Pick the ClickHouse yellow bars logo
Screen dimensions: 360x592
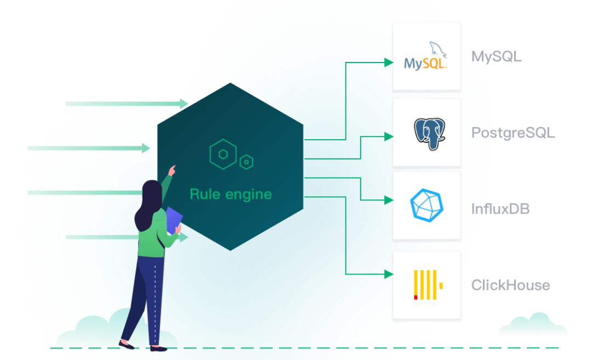click(x=428, y=285)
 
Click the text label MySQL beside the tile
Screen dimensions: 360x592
click(x=496, y=57)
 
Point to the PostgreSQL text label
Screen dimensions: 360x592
click(x=513, y=133)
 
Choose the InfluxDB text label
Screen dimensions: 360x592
click(x=500, y=209)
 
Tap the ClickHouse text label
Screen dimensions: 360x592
click(x=510, y=285)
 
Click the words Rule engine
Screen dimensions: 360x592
click(x=230, y=194)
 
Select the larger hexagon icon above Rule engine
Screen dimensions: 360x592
click(x=223, y=154)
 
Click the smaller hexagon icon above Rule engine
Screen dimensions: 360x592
click(x=247, y=161)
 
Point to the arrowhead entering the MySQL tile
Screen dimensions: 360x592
click(x=388, y=62)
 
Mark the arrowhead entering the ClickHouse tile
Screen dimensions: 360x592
click(x=388, y=273)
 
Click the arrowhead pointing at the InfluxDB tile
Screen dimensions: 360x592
click(x=388, y=200)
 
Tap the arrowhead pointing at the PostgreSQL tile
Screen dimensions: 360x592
click(x=388, y=136)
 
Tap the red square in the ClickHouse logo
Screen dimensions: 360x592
click(x=415, y=296)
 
